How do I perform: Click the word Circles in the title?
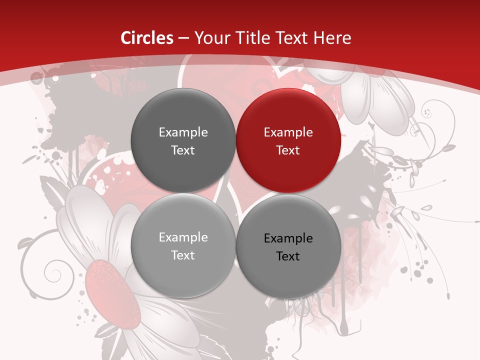pyautogui.click(x=147, y=37)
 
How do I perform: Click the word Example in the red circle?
pyautogui.click(x=288, y=132)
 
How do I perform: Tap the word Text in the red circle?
pyautogui.click(x=288, y=150)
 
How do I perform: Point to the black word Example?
pyautogui.click(x=288, y=238)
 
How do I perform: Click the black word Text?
pyautogui.click(x=288, y=256)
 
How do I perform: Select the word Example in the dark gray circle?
pyautogui.click(x=183, y=132)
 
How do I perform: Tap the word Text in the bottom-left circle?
pyautogui.click(x=183, y=255)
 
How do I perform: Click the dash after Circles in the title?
pyautogui.click(x=183, y=38)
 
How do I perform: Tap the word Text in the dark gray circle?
pyautogui.click(x=183, y=150)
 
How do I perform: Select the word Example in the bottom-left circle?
pyautogui.click(x=183, y=237)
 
